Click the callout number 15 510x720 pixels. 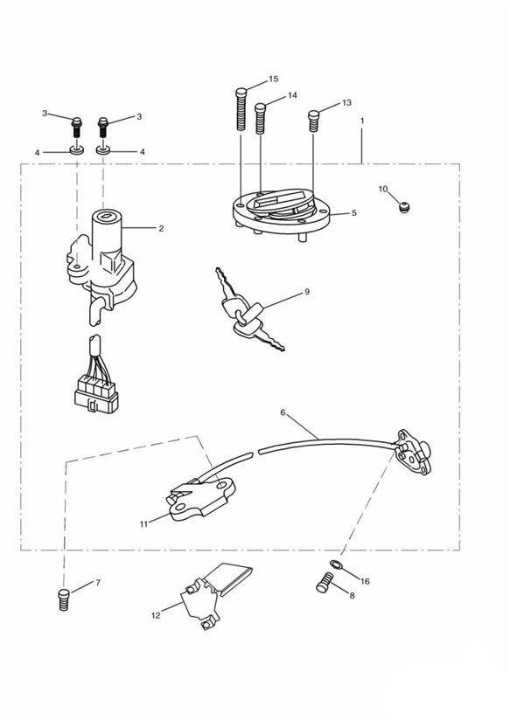tap(273, 79)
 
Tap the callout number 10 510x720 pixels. tap(383, 190)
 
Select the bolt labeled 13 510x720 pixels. tap(313, 121)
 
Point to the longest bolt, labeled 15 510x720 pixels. tap(241, 108)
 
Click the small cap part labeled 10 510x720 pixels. tap(404, 208)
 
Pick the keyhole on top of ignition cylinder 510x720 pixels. tap(107, 214)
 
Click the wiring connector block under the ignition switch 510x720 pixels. tap(96, 393)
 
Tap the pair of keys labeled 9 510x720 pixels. tap(249, 310)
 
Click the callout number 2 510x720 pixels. tap(161, 228)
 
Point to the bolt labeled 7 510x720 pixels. tap(64, 599)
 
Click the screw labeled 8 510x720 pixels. tap(325, 583)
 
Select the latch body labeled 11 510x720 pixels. tap(201, 499)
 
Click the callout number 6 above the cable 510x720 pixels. tap(283, 412)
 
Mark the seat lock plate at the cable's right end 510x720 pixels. tap(414, 452)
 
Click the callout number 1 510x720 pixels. tap(362, 121)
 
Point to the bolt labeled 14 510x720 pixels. tap(261, 119)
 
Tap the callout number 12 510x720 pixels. tap(156, 615)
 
